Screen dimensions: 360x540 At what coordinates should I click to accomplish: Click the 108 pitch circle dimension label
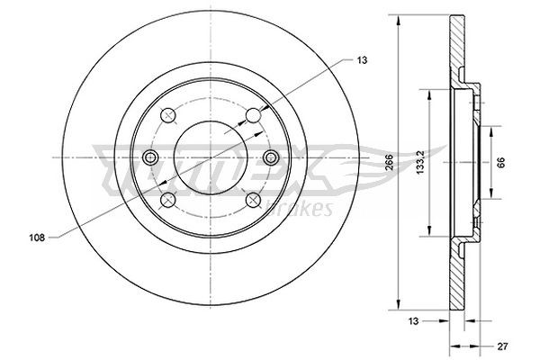click(35, 238)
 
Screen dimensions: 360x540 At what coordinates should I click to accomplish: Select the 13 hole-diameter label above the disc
click(362, 59)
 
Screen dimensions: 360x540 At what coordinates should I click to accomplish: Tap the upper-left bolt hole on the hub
click(168, 116)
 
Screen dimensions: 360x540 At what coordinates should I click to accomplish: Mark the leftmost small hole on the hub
click(151, 158)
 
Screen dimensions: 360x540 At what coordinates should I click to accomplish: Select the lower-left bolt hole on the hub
click(168, 200)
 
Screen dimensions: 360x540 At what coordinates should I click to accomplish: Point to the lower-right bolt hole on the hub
click(254, 200)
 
